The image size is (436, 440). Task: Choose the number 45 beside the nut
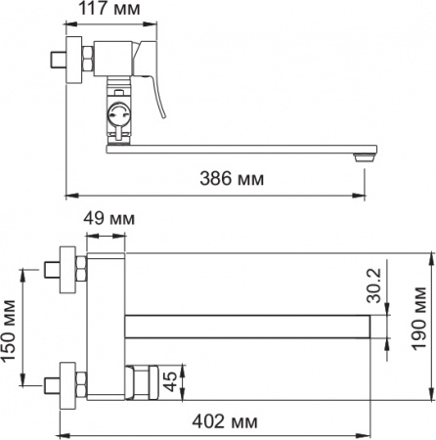pyautogui.click(x=168, y=379)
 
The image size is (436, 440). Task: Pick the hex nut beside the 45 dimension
pyautogui.click(x=139, y=379)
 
